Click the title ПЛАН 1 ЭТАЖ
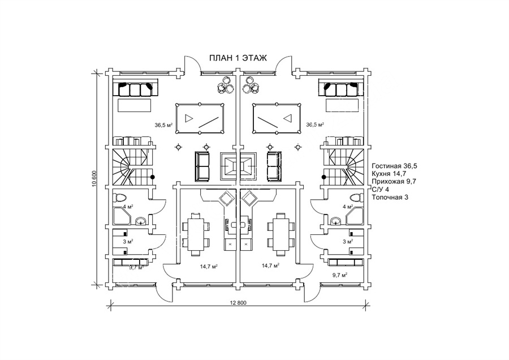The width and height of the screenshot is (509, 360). pyautogui.click(x=238, y=58)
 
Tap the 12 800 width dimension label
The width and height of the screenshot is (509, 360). pyautogui.click(x=238, y=303)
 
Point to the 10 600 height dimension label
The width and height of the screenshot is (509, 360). pyautogui.click(x=94, y=179)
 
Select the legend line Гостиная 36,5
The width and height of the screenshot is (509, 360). pyautogui.click(x=394, y=166)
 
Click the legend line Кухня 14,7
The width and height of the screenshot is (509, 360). pyautogui.click(x=389, y=174)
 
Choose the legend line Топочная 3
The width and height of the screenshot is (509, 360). pyautogui.click(x=390, y=197)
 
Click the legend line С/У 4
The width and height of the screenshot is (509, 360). pyautogui.click(x=380, y=190)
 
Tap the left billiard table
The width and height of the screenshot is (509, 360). pyautogui.click(x=200, y=118)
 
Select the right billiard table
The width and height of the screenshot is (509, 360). pyautogui.click(x=276, y=118)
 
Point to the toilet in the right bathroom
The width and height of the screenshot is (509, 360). pyautogui.click(x=357, y=198)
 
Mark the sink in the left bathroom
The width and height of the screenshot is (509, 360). pyautogui.click(x=141, y=221)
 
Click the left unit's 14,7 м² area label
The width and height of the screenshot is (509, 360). pyautogui.click(x=209, y=267)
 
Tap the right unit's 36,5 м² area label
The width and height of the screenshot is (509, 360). pyautogui.click(x=315, y=125)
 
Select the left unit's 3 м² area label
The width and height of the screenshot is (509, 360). pyautogui.click(x=128, y=241)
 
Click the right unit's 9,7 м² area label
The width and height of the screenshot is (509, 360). pyautogui.click(x=340, y=275)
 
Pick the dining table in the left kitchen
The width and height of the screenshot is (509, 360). pyautogui.click(x=196, y=234)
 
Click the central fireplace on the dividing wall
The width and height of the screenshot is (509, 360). pyautogui.click(x=238, y=166)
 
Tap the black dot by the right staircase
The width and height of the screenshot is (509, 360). pyautogui.click(x=323, y=177)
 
